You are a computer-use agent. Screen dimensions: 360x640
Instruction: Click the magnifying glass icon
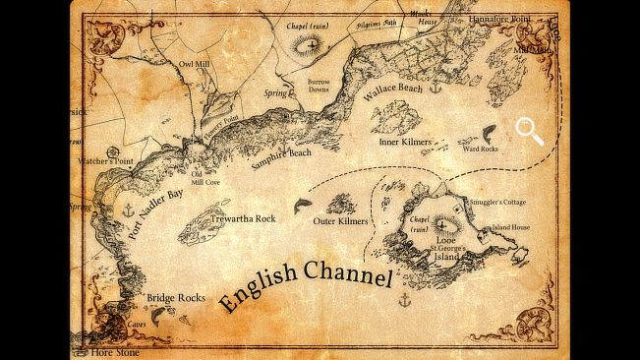click(530, 131)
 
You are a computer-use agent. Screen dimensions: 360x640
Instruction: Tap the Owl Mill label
click(194, 65)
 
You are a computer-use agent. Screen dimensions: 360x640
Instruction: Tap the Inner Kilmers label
click(405, 142)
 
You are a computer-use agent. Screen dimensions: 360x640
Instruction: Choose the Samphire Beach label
click(281, 160)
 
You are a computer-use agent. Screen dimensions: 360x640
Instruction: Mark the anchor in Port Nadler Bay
click(127, 210)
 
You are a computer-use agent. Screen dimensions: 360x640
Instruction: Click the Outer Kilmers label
click(340, 221)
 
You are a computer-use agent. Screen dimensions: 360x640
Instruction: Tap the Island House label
click(510, 227)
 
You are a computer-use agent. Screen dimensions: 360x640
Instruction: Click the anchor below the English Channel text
click(402, 298)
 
